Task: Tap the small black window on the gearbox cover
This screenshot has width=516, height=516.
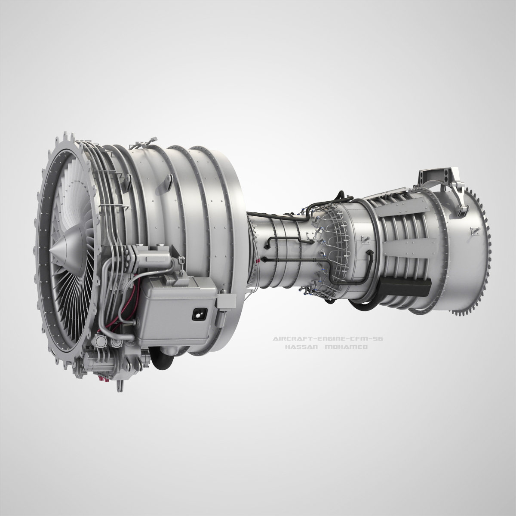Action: tap(198, 315)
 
